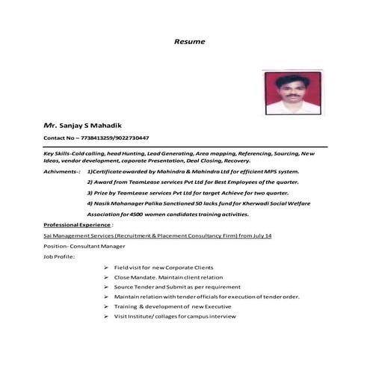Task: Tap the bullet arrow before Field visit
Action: (105, 268)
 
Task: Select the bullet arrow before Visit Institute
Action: (105, 316)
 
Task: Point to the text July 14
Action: (263, 235)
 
